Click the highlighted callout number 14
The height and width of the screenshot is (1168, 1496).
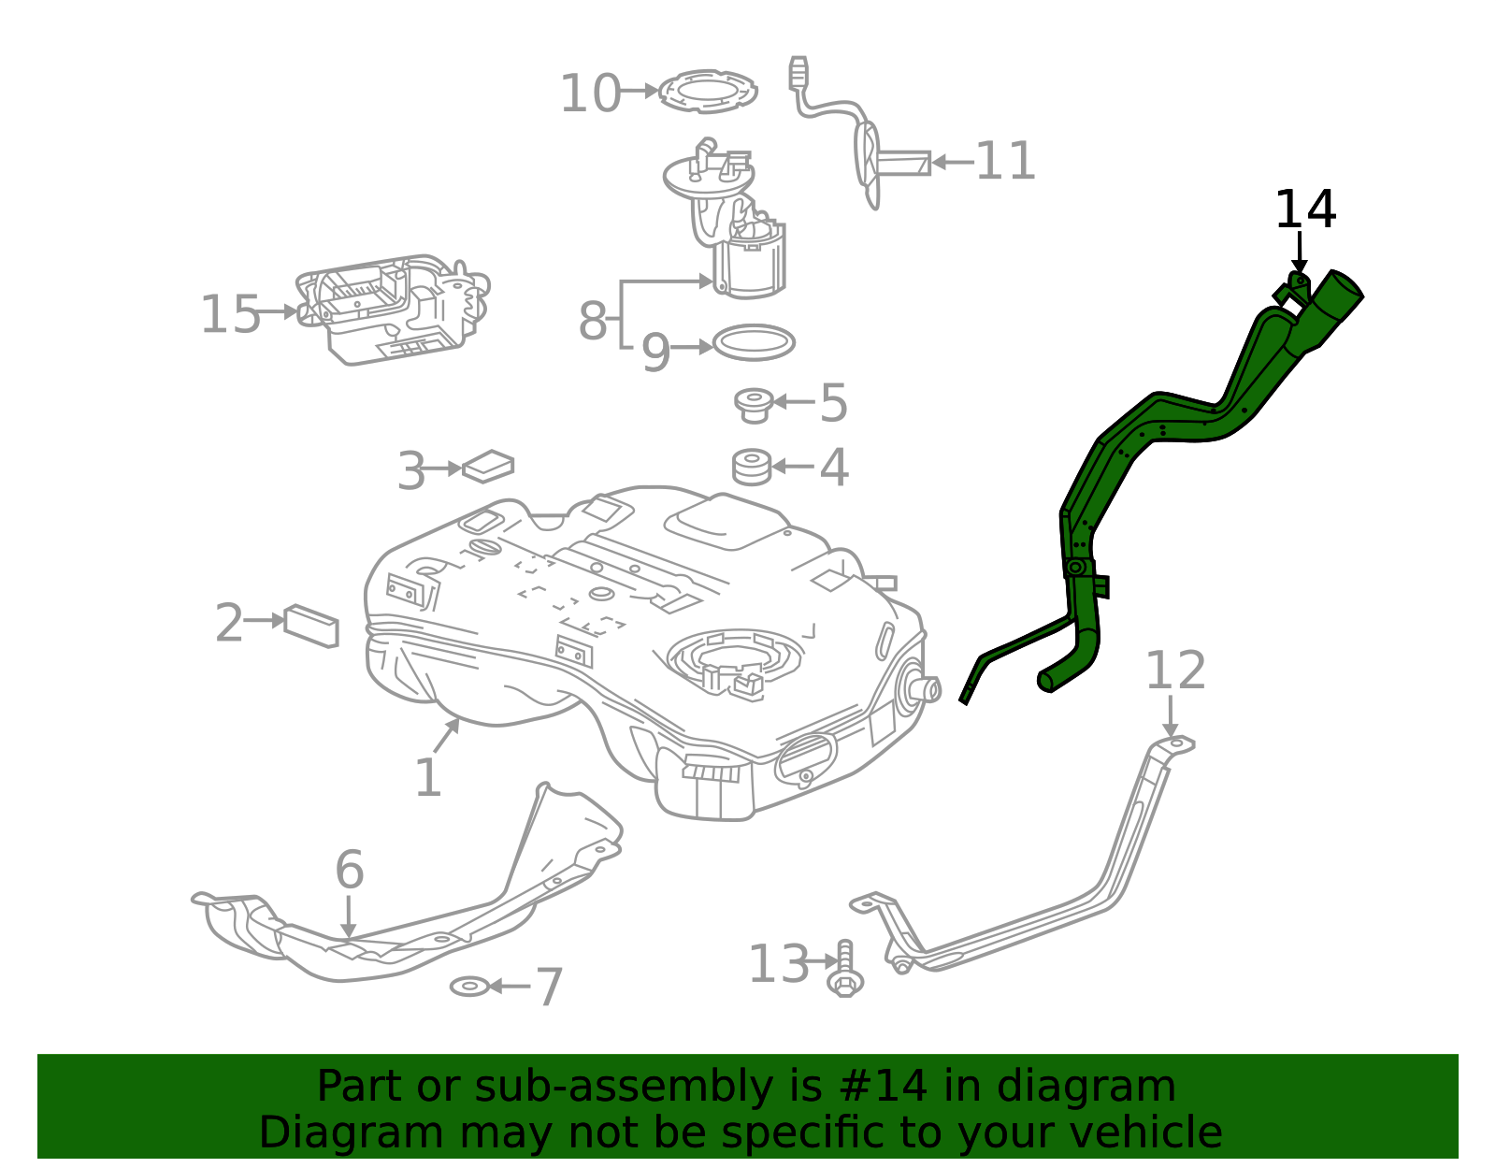pyautogui.click(x=1305, y=209)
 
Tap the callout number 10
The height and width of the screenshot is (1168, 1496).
pyautogui.click(x=589, y=94)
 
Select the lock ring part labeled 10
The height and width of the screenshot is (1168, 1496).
pyautogui.click(x=708, y=91)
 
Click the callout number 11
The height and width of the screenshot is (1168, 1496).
pyautogui.click(x=1005, y=161)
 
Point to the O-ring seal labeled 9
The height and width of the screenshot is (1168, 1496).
pyautogui.click(x=754, y=343)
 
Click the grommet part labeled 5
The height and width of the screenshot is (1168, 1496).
pyautogui.click(x=753, y=404)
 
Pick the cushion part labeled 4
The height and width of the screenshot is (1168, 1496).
pyautogui.click(x=752, y=467)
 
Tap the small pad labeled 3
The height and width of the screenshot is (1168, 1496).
pyautogui.click(x=488, y=466)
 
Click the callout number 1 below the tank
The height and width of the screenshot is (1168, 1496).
pyautogui.click(x=427, y=778)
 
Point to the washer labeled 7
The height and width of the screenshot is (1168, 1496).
pyautogui.click(x=469, y=986)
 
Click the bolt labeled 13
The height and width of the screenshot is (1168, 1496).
pyautogui.click(x=845, y=969)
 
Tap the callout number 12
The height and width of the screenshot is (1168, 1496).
pyautogui.click(x=1175, y=671)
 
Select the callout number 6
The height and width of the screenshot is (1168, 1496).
pyautogui.click(x=349, y=870)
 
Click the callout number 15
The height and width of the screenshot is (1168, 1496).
pyautogui.click(x=230, y=314)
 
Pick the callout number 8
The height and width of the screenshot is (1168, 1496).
pyautogui.click(x=593, y=321)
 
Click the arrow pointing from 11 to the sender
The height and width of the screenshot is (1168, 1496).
pyautogui.click(x=952, y=162)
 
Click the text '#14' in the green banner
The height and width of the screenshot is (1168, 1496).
pyautogui.click(x=884, y=1087)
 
